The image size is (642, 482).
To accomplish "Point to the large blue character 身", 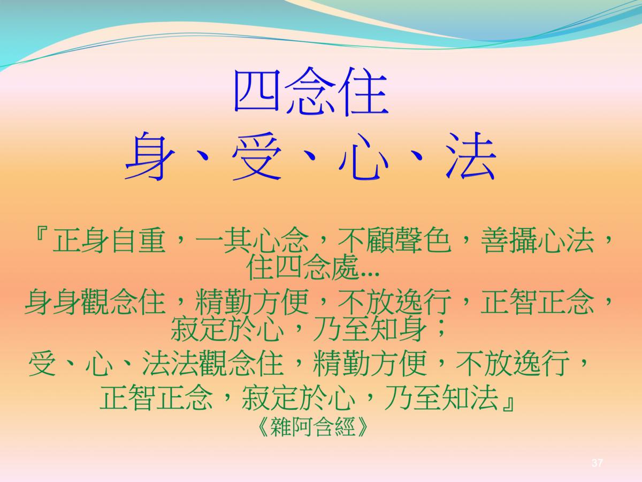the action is [x=149, y=155].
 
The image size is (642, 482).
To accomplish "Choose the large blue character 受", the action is [x=256, y=155].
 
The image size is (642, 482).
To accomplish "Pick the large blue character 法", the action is [x=471, y=155].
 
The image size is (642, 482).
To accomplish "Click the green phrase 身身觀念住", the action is [x=95, y=302].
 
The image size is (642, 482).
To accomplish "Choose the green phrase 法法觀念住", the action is [x=212, y=364].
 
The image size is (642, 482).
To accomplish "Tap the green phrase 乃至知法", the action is [x=441, y=397].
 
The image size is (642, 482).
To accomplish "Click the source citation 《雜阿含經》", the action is [x=313, y=426].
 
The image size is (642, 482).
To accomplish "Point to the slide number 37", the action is [x=597, y=463].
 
